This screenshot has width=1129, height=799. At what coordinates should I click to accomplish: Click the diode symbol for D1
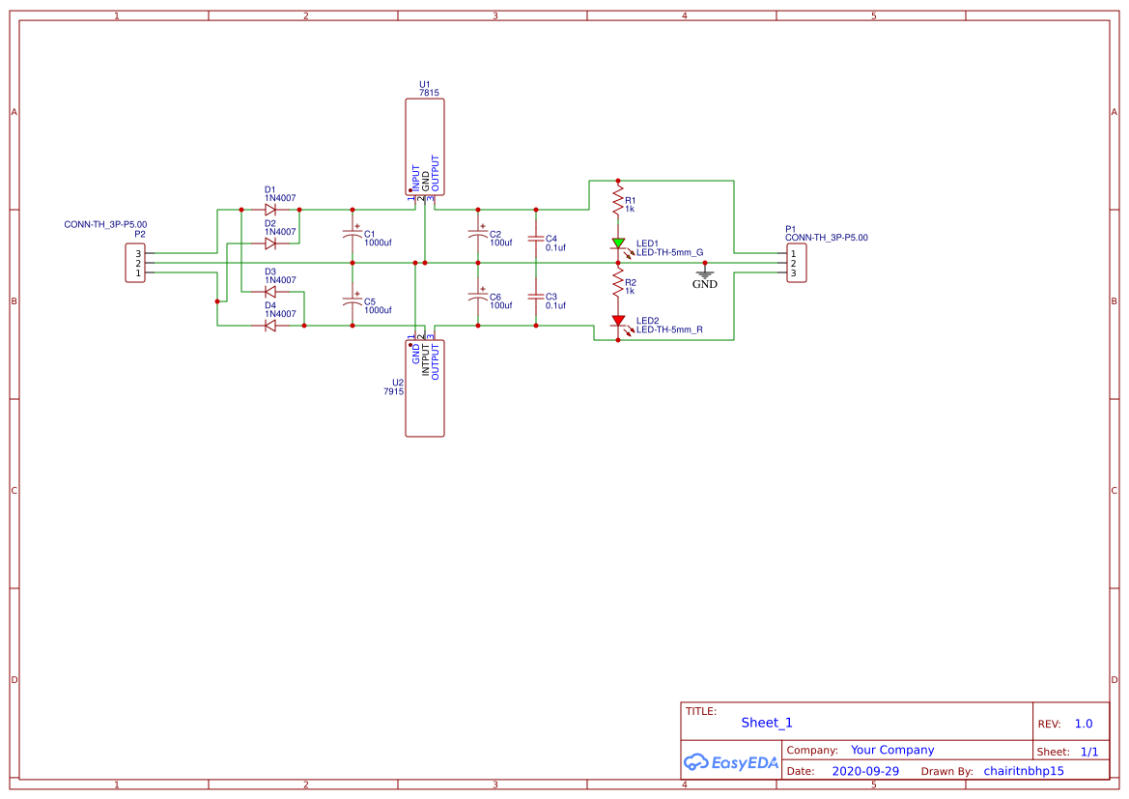tap(270, 209)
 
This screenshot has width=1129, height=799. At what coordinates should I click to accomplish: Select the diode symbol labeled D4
tap(270, 326)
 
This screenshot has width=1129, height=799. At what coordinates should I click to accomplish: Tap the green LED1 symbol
tap(618, 243)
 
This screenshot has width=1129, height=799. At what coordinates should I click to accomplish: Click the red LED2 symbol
tap(618, 320)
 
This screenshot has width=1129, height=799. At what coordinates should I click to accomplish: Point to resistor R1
tap(618, 201)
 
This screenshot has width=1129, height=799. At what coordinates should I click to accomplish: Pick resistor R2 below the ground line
tap(618, 281)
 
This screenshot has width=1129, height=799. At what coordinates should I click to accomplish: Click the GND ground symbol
tap(705, 274)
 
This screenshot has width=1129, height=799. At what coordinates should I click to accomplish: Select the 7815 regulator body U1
tap(425, 147)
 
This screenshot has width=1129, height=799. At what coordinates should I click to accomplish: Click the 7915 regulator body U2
tap(425, 387)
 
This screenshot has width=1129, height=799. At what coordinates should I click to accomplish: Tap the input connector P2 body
tap(135, 263)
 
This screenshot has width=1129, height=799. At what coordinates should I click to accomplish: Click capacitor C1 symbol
tap(353, 236)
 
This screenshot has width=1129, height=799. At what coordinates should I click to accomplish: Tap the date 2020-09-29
tap(864, 771)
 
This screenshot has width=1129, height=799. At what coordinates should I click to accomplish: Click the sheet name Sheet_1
tap(767, 723)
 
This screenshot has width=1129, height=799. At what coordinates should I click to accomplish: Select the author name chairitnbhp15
tap(1023, 771)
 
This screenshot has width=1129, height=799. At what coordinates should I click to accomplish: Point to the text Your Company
tap(891, 750)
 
